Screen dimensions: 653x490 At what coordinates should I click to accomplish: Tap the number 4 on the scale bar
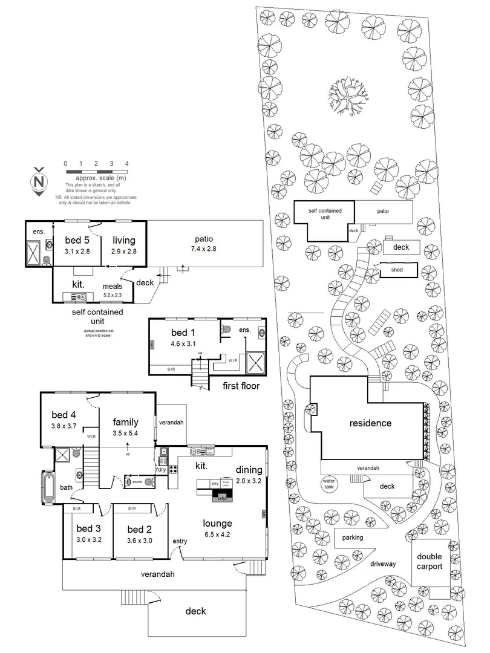tap(127, 163)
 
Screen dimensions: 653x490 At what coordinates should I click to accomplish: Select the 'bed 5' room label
tap(77, 241)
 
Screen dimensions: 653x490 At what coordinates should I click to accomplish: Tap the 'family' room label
tap(126, 422)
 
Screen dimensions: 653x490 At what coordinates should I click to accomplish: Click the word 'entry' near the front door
tap(180, 540)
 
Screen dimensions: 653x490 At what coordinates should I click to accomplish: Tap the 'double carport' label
tap(430, 562)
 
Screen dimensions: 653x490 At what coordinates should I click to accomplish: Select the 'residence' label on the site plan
tap(371, 423)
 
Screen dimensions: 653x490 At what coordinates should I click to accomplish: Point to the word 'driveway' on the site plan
tap(383, 564)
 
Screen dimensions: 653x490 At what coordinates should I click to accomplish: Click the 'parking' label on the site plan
tap(353, 537)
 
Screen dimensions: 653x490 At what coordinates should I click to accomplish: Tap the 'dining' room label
tap(249, 470)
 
